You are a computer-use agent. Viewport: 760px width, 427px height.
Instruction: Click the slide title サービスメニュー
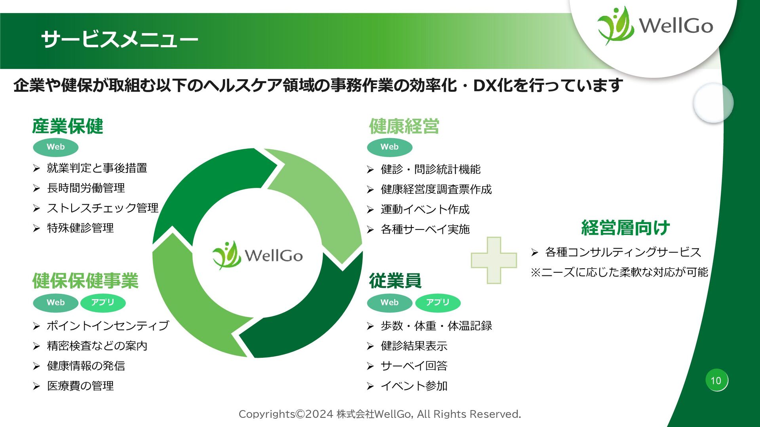click(x=119, y=39)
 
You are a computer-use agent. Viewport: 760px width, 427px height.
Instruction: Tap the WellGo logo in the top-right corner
click(x=655, y=26)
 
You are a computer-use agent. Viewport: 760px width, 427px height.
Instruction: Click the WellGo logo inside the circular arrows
click(x=258, y=255)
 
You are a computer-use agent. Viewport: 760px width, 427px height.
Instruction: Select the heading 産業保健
click(x=68, y=126)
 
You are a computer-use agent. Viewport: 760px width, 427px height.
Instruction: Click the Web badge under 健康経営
click(x=389, y=147)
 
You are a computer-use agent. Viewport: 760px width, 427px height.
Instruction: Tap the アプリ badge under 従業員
click(x=437, y=303)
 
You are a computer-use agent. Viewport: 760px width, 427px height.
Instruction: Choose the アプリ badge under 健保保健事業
click(x=103, y=303)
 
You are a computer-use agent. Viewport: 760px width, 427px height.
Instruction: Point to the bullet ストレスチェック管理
click(x=103, y=208)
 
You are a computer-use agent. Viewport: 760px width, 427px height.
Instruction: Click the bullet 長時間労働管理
click(x=86, y=188)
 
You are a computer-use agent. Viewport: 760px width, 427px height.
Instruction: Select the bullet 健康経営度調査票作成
click(x=436, y=190)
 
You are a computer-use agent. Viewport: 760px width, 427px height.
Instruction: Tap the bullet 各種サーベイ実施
click(x=425, y=230)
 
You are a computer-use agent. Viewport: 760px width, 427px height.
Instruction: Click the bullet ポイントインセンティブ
click(x=108, y=326)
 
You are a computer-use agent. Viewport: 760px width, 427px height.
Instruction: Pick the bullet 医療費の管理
click(x=80, y=386)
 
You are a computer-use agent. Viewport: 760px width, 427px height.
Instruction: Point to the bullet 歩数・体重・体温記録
click(x=436, y=326)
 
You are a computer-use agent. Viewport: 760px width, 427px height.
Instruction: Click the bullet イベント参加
click(x=414, y=386)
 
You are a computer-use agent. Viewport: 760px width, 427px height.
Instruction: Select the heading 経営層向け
click(x=625, y=228)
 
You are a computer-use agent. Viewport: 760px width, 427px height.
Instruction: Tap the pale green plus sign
click(x=494, y=260)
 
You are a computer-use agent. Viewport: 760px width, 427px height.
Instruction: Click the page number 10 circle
click(x=716, y=381)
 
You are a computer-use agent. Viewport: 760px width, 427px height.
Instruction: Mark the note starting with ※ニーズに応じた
click(x=619, y=272)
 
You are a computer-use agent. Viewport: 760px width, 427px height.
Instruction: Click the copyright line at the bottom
click(x=380, y=414)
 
